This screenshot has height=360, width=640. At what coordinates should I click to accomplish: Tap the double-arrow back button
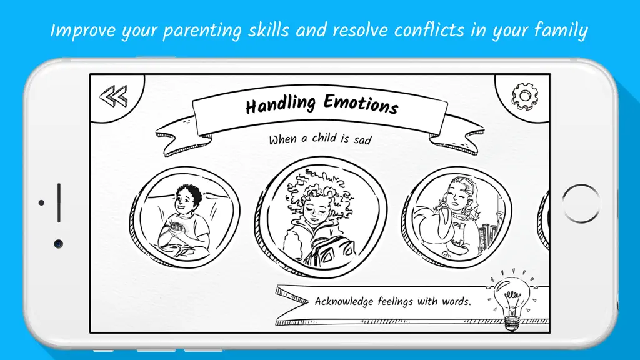pos(114,96)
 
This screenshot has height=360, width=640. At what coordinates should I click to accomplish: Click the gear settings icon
pos(525,96)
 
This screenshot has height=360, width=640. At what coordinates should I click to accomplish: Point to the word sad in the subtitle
pos(362,139)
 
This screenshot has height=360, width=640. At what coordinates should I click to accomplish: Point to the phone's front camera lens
pos(59,244)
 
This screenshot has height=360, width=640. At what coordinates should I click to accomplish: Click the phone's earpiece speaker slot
pos(59,203)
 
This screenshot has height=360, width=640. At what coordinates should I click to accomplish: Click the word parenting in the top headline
pos(202,31)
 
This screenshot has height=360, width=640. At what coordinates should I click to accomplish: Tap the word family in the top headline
pos(561,31)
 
